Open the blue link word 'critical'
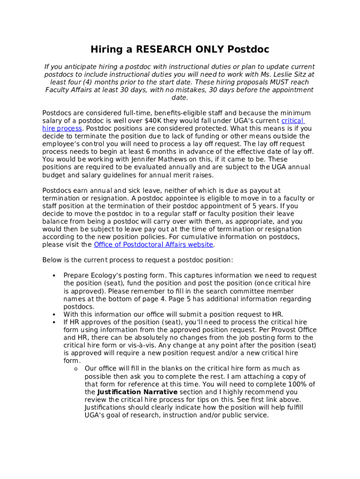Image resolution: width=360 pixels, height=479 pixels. point(293,121)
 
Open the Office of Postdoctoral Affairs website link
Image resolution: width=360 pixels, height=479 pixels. point(153,245)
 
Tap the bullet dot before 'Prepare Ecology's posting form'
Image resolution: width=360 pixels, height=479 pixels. point(54,276)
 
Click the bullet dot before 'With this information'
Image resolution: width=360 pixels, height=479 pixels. point(54,314)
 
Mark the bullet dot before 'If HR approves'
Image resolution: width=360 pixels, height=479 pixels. point(54,322)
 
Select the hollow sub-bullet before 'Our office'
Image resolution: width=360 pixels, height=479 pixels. point(75,369)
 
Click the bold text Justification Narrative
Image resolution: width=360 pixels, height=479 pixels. point(137,392)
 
